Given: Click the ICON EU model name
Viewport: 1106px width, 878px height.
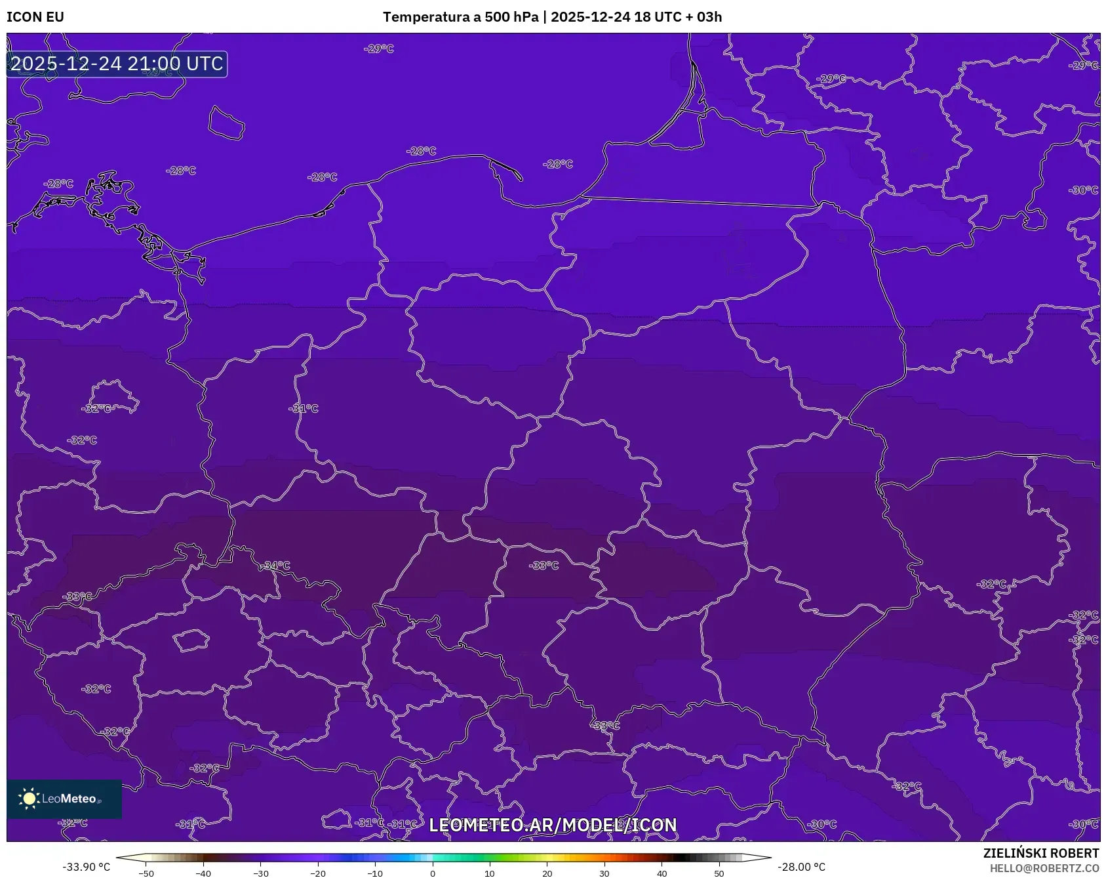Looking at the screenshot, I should tap(35, 17).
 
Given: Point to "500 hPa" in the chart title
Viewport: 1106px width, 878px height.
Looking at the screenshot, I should tap(511, 17).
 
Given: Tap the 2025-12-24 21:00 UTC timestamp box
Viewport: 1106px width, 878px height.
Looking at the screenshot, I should tap(117, 64).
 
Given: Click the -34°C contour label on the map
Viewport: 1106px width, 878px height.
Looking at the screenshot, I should tap(276, 566).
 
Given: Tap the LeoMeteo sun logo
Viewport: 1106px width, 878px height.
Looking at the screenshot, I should tap(29, 799).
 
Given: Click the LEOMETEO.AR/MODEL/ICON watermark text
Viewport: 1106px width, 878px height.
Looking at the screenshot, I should tap(553, 825).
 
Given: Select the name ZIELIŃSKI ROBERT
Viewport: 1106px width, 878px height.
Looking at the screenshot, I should tap(1040, 853).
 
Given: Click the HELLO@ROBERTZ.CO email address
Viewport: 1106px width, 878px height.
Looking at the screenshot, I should tap(1044, 868).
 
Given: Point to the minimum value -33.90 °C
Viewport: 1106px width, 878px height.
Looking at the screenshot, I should tap(87, 867).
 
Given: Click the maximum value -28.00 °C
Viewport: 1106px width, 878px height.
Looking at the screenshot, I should tap(801, 867).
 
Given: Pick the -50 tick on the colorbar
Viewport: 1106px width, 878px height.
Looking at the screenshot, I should tap(146, 873).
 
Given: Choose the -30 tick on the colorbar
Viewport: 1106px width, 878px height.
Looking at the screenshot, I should tap(261, 873).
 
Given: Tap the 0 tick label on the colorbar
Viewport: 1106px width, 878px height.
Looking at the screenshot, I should tap(433, 873).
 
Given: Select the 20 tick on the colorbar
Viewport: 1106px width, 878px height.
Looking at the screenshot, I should tap(547, 873).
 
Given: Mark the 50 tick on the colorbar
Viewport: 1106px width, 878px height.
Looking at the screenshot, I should tap(719, 873).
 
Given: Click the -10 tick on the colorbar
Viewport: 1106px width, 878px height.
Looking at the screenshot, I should tap(375, 873).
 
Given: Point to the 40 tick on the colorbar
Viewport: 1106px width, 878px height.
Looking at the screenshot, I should tap(662, 873).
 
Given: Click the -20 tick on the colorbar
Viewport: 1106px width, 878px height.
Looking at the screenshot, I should tap(318, 873).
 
